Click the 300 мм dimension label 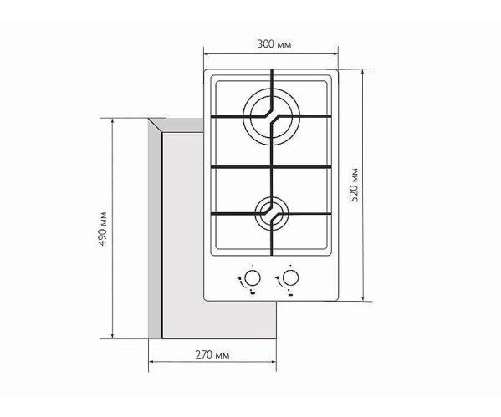[x=271, y=42]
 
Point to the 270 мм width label [x=212, y=355]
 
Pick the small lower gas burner [x=271, y=211]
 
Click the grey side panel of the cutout [x=154, y=230]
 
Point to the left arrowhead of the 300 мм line [x=206, y=52]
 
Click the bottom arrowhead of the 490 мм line [x=113, y=338]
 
